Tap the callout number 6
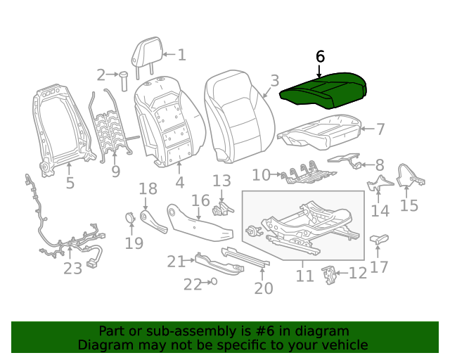pos(320,56)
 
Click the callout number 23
pos(72,268)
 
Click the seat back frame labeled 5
pos(60,127)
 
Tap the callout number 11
pos(304,276)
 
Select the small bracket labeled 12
pos(328,274)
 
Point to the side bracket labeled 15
pos(409,176)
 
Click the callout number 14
pos(380,211)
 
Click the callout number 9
pos(115,171)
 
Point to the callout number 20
pos(263,288)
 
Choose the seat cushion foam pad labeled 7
pos(320,129)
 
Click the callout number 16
pos(201,201)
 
